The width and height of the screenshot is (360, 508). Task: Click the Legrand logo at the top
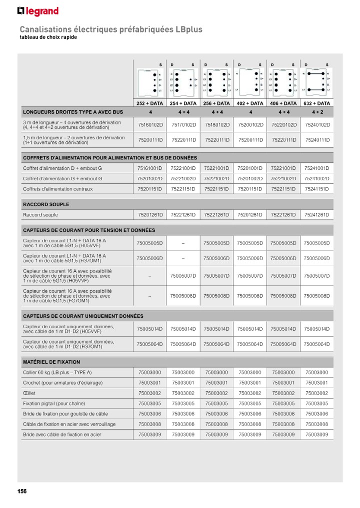(38, 11)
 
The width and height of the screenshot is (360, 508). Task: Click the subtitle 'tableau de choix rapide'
(48, 38)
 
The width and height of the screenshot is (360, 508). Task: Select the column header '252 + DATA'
(150, 103)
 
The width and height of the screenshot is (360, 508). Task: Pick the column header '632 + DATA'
(317, 103)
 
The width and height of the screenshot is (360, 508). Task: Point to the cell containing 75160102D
(150, 125)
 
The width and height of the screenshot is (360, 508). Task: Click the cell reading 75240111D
(317, 140)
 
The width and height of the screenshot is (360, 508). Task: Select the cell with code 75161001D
(150, 168)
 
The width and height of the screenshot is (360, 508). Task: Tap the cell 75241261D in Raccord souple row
(317, 215)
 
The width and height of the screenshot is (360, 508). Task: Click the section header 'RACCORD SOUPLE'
(46, 204)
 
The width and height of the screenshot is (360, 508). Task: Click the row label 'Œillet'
(29, 393)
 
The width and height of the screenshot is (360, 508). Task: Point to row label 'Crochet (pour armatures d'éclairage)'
(62, 383)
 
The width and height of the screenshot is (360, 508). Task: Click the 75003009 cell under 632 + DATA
(317, 435)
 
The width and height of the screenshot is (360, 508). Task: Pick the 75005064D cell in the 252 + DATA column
(150, 344)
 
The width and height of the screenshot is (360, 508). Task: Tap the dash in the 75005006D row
(183, 258)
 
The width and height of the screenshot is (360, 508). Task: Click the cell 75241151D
(317, 189)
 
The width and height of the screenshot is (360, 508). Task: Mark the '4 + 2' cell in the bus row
(317, 112)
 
